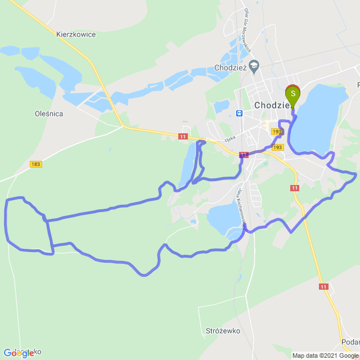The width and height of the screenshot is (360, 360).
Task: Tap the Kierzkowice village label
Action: point(76,34)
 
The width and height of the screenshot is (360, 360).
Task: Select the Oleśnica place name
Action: point(48,114)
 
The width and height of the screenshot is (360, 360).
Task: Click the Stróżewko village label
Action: point(223,331)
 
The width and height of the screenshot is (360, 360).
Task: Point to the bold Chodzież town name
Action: point(272,105)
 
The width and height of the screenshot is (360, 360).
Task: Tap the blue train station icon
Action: point(240,112)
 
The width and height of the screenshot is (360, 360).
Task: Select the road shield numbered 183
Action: point(36,164)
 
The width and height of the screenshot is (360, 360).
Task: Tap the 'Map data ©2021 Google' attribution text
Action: point(325,355)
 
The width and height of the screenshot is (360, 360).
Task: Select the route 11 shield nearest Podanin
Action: point(323,287)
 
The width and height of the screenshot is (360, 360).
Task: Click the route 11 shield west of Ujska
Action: point(183,136)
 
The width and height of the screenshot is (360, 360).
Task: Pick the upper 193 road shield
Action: point(276,132)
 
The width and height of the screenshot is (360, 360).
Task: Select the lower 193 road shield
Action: point(278,147)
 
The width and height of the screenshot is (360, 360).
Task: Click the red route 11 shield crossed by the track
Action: point(244,155)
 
